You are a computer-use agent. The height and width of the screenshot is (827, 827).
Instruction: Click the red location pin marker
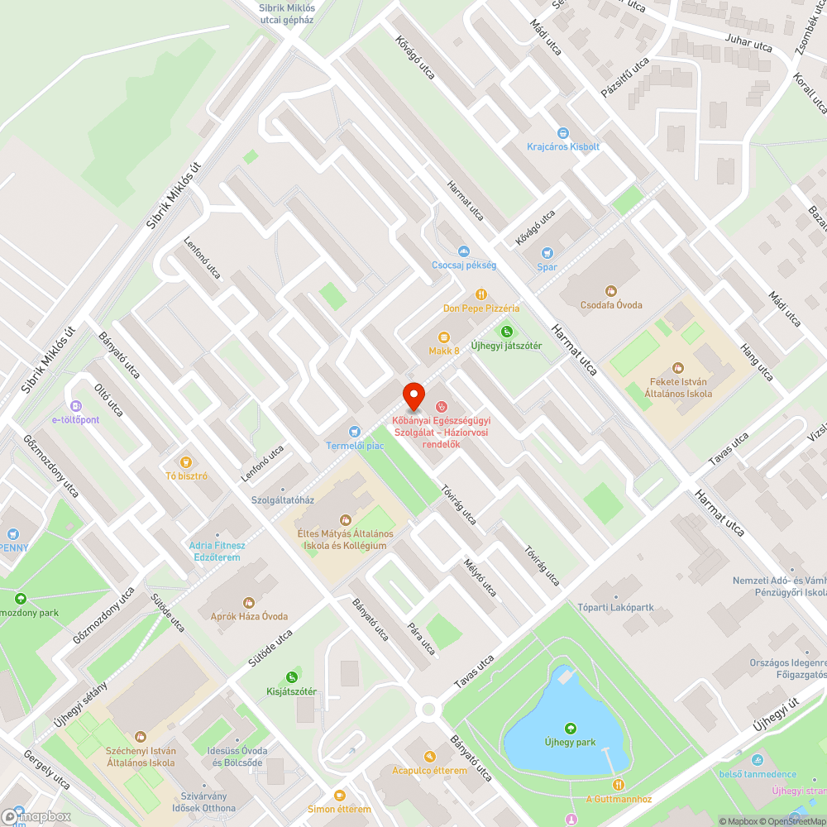point(413,395)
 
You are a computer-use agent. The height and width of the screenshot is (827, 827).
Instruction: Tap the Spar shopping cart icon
point(547,253)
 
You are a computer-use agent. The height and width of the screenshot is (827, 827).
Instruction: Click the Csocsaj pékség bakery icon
point(464,251)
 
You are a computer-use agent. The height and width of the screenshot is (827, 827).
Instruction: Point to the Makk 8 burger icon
point(444,337)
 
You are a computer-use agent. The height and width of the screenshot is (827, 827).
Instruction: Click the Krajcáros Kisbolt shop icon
point(563,132)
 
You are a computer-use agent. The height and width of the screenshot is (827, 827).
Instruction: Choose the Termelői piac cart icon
point(355,431)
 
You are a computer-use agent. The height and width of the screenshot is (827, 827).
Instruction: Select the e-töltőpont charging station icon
point(75,405)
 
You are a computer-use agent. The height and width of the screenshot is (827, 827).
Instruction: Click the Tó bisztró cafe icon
point(186,461)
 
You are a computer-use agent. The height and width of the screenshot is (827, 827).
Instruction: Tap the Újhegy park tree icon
point(570,728)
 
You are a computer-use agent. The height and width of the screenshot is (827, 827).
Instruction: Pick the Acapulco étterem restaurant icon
point(429,756)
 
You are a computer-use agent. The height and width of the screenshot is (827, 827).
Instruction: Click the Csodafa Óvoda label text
point(611,305)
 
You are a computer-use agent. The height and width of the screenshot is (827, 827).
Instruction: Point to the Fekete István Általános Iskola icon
point(678,367)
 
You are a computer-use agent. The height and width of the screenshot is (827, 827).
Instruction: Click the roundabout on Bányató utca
point(428,709)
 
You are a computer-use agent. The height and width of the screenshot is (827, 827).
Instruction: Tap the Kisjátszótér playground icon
point(291,676)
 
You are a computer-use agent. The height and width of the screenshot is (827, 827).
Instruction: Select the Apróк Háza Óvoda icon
point(248,602)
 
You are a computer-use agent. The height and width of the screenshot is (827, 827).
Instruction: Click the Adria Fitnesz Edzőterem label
point(217,551)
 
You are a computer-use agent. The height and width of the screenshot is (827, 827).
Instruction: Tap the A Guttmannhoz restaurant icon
point(618,784)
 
